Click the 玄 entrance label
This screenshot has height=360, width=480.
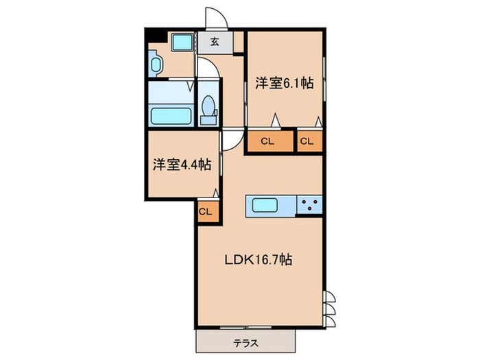click(215, 42)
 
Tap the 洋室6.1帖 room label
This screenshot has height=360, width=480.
click(285, 84)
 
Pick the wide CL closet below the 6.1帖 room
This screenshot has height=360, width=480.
click(267, 142)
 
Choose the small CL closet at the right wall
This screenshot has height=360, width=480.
click(307, 142)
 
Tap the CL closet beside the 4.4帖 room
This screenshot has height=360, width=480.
click(205, 211)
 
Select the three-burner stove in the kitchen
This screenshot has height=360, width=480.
click(310, 204)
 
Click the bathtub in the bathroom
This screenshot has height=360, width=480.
click(169, 114)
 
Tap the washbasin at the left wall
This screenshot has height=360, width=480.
click(155, 67)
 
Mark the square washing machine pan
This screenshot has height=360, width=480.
click(182, 43)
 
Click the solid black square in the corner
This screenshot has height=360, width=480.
click(152, 35)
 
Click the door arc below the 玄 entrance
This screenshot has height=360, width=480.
click(207, 67)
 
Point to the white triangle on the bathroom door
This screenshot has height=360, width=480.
click(189, 88)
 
